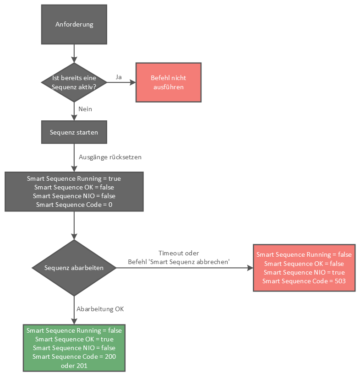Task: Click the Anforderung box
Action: pos(74,24)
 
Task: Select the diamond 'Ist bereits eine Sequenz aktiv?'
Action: pos(74,82)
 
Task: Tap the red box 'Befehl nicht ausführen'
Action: pos(168,82)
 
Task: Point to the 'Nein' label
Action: pos(86,109)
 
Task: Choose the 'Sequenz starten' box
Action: pos(74,132)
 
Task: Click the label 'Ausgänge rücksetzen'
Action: pos(110,157)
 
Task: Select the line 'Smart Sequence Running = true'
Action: pos(74,178)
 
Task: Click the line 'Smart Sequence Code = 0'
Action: pos(74,205)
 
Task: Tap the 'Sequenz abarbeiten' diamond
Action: pos(74,268)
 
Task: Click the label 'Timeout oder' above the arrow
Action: pos(179,253)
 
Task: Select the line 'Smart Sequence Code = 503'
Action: pos(304,281)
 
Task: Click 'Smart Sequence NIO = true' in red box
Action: pos(304,272)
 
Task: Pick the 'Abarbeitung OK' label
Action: pos(100,309)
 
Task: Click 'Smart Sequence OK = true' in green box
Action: pos(74,339)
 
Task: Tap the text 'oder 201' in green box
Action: pos(74,365)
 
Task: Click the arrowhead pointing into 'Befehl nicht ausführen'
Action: pos(133,82)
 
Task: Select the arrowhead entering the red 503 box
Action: pos(250,268)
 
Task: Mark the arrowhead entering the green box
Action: pos(74,321)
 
